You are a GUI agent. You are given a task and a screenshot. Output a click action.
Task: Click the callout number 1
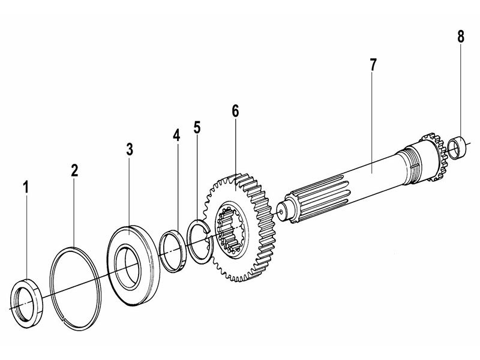26,187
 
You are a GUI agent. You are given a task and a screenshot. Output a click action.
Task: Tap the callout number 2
74,170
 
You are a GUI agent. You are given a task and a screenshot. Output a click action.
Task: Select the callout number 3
130,149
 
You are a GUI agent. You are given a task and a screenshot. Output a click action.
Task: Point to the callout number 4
176,135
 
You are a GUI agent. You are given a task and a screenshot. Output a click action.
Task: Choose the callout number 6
235,111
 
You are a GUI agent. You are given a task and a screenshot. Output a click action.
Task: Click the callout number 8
460,36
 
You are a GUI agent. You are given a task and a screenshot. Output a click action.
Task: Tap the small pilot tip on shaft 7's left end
283,211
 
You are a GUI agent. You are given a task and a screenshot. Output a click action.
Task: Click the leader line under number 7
373,120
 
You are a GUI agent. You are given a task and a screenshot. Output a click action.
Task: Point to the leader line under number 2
74,210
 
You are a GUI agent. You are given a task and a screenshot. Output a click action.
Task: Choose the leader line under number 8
460,90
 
